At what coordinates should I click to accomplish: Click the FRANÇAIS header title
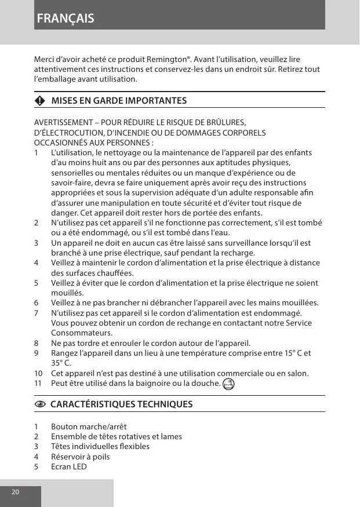coord(66,18)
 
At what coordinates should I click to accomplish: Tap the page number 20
coord(15,492)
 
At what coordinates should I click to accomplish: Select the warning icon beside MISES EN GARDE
coord(39,101)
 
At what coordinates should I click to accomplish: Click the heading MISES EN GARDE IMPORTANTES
coord(119,101)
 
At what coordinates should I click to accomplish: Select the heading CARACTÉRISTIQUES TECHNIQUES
coord(118,404)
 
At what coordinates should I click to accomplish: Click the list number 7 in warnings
coord(37,313)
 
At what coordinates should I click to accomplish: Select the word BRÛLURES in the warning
coord(229,122)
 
